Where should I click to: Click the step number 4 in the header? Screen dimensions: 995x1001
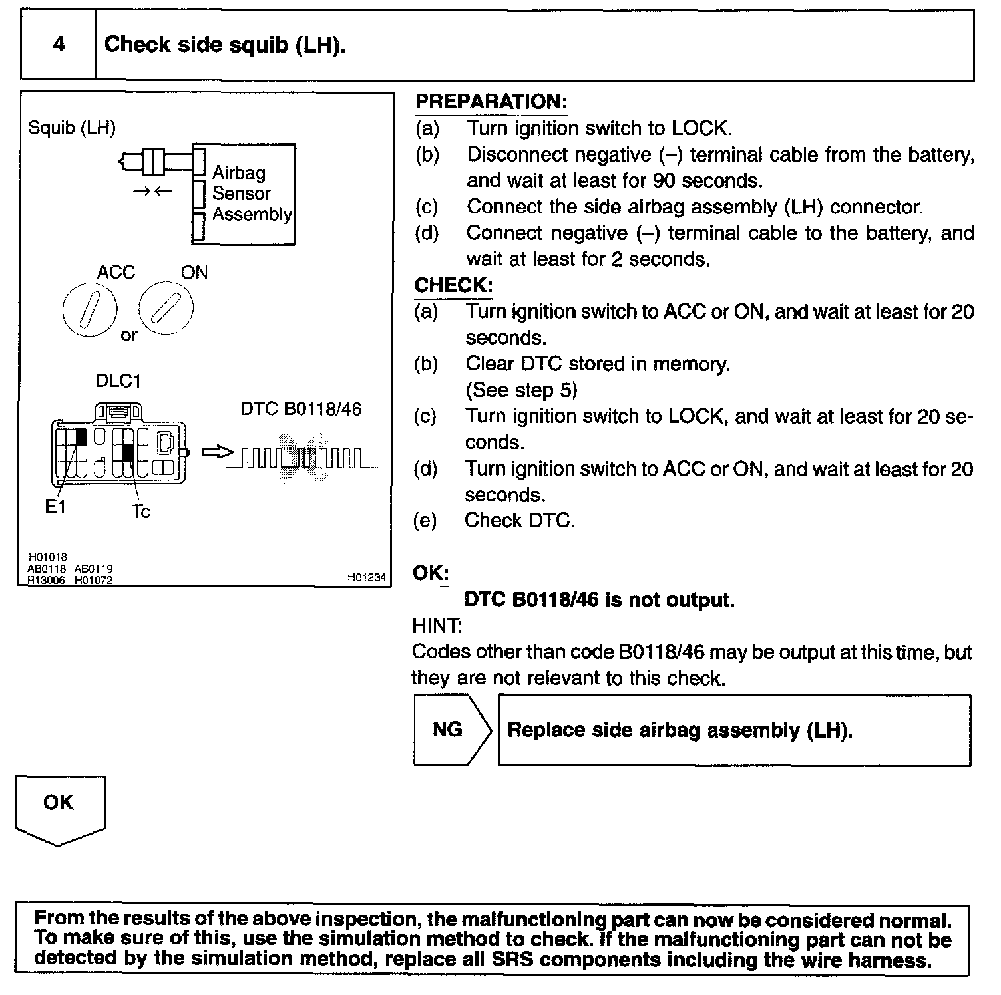pyautogui.click(x=59, y=45)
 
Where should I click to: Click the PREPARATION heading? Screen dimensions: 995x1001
pyautogui.click(x=491, y=102)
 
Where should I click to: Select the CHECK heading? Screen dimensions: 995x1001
pyautogui.click(x=453, y=285)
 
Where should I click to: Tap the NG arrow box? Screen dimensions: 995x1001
pyautogui.click(x=451, y=730)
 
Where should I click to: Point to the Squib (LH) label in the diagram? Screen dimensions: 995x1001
pyautogui.click(x=72, y=128)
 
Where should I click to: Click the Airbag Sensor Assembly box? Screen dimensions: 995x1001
pyautogui.click(x=244, y=194)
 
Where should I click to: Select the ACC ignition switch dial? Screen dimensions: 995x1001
pyautogui.click(x=90, y=311)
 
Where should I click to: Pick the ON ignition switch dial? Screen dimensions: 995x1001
pyautogui.click(x=166, y=309)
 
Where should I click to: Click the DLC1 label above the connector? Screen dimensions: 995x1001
pyautogui.click(x=118, y=381)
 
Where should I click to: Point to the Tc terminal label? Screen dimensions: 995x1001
pyautogui.click(x=140, y=511)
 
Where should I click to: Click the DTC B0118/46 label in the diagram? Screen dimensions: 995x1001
pyautogui.click(x=301, y=408)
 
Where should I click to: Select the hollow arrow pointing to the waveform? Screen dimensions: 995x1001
pyautogui.click(x=218, y=452)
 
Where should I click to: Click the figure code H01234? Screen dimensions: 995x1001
pyautogui.click(x=367, y=577)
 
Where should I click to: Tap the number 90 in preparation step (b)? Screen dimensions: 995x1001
pyautogui.click(x=664, y=180)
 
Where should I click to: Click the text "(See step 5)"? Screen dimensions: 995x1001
pyautogui.click(x=521, y=390)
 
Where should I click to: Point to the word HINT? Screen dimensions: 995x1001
pyautogui.click(x=437, y=626)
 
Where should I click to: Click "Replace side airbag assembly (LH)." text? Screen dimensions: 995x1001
pyautogui.click(x=680, y=730)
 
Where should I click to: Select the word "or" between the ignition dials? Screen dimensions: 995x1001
pyautogui.click(x=128, y=335)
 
